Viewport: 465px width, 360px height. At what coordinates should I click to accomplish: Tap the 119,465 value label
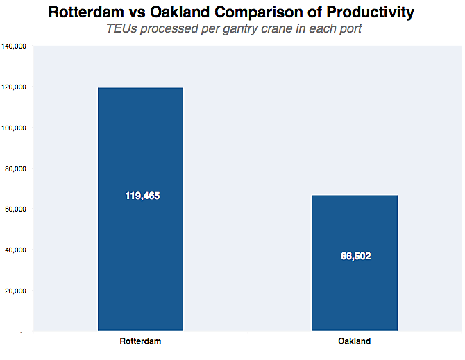(x=142, y=196)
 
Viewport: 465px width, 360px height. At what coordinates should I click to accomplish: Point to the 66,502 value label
(x=355, y=256)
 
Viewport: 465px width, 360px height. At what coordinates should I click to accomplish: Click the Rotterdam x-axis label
(x=140, y=341)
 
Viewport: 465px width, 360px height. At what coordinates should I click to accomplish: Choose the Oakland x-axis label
(x=355, y=341)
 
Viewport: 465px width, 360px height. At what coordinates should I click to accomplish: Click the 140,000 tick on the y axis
(x=13, y=46)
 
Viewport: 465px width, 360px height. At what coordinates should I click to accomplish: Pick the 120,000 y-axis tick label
(x=13, y=87)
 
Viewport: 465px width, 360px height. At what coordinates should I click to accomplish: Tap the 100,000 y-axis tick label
(x=13, y=128)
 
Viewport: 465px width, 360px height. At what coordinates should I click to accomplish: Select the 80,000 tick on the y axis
(x=15, y=169)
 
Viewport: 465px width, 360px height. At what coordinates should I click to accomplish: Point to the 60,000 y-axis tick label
(x=15, y=209)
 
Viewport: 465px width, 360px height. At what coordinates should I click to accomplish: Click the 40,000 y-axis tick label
(x=15, y=250)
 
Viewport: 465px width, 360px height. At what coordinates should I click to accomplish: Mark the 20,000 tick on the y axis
(x=15, y=291)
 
